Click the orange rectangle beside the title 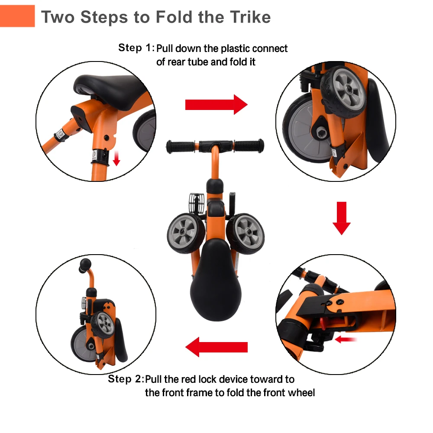(x=17, y=16)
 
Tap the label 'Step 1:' (x=136, y=48)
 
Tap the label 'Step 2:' (x=125, y=379)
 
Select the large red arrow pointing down (x=341, y=218)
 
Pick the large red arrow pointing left (x=216, y=347)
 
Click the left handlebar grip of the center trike (x=180, y=146)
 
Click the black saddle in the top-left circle (x=110, y=87)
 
